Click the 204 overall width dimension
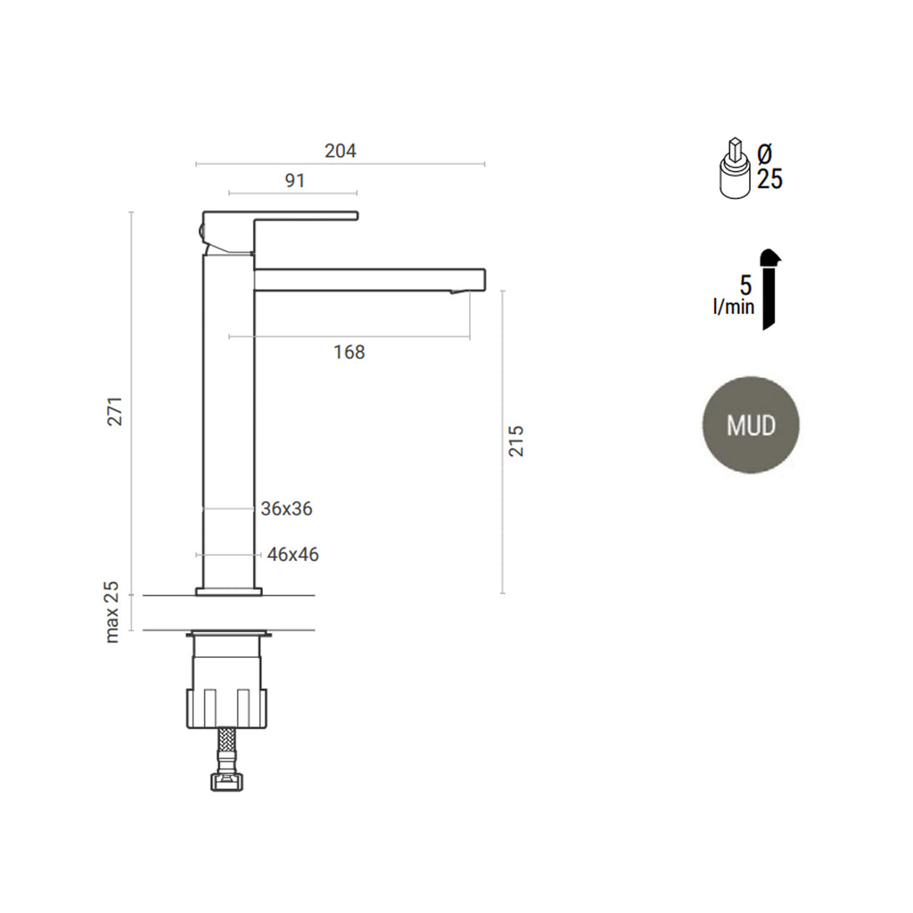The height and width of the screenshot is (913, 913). point(340,152)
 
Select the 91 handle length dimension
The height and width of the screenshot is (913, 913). point(294,180)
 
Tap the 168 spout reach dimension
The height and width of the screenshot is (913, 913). point(349,352)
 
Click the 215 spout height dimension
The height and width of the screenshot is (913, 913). point(517,440)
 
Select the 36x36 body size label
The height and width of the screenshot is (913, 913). point(286,509)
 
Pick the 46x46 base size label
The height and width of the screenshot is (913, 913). point(292,555)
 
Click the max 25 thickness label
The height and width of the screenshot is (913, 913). point(112,612)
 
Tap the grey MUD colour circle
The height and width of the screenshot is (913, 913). point(750,424)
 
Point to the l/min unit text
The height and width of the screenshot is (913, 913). point(733,308)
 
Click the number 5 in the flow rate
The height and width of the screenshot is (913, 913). point(745,286)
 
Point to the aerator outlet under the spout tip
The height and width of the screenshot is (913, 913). point(457,292)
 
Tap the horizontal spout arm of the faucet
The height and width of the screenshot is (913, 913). point(369,279)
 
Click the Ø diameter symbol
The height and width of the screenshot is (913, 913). point(765,153)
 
